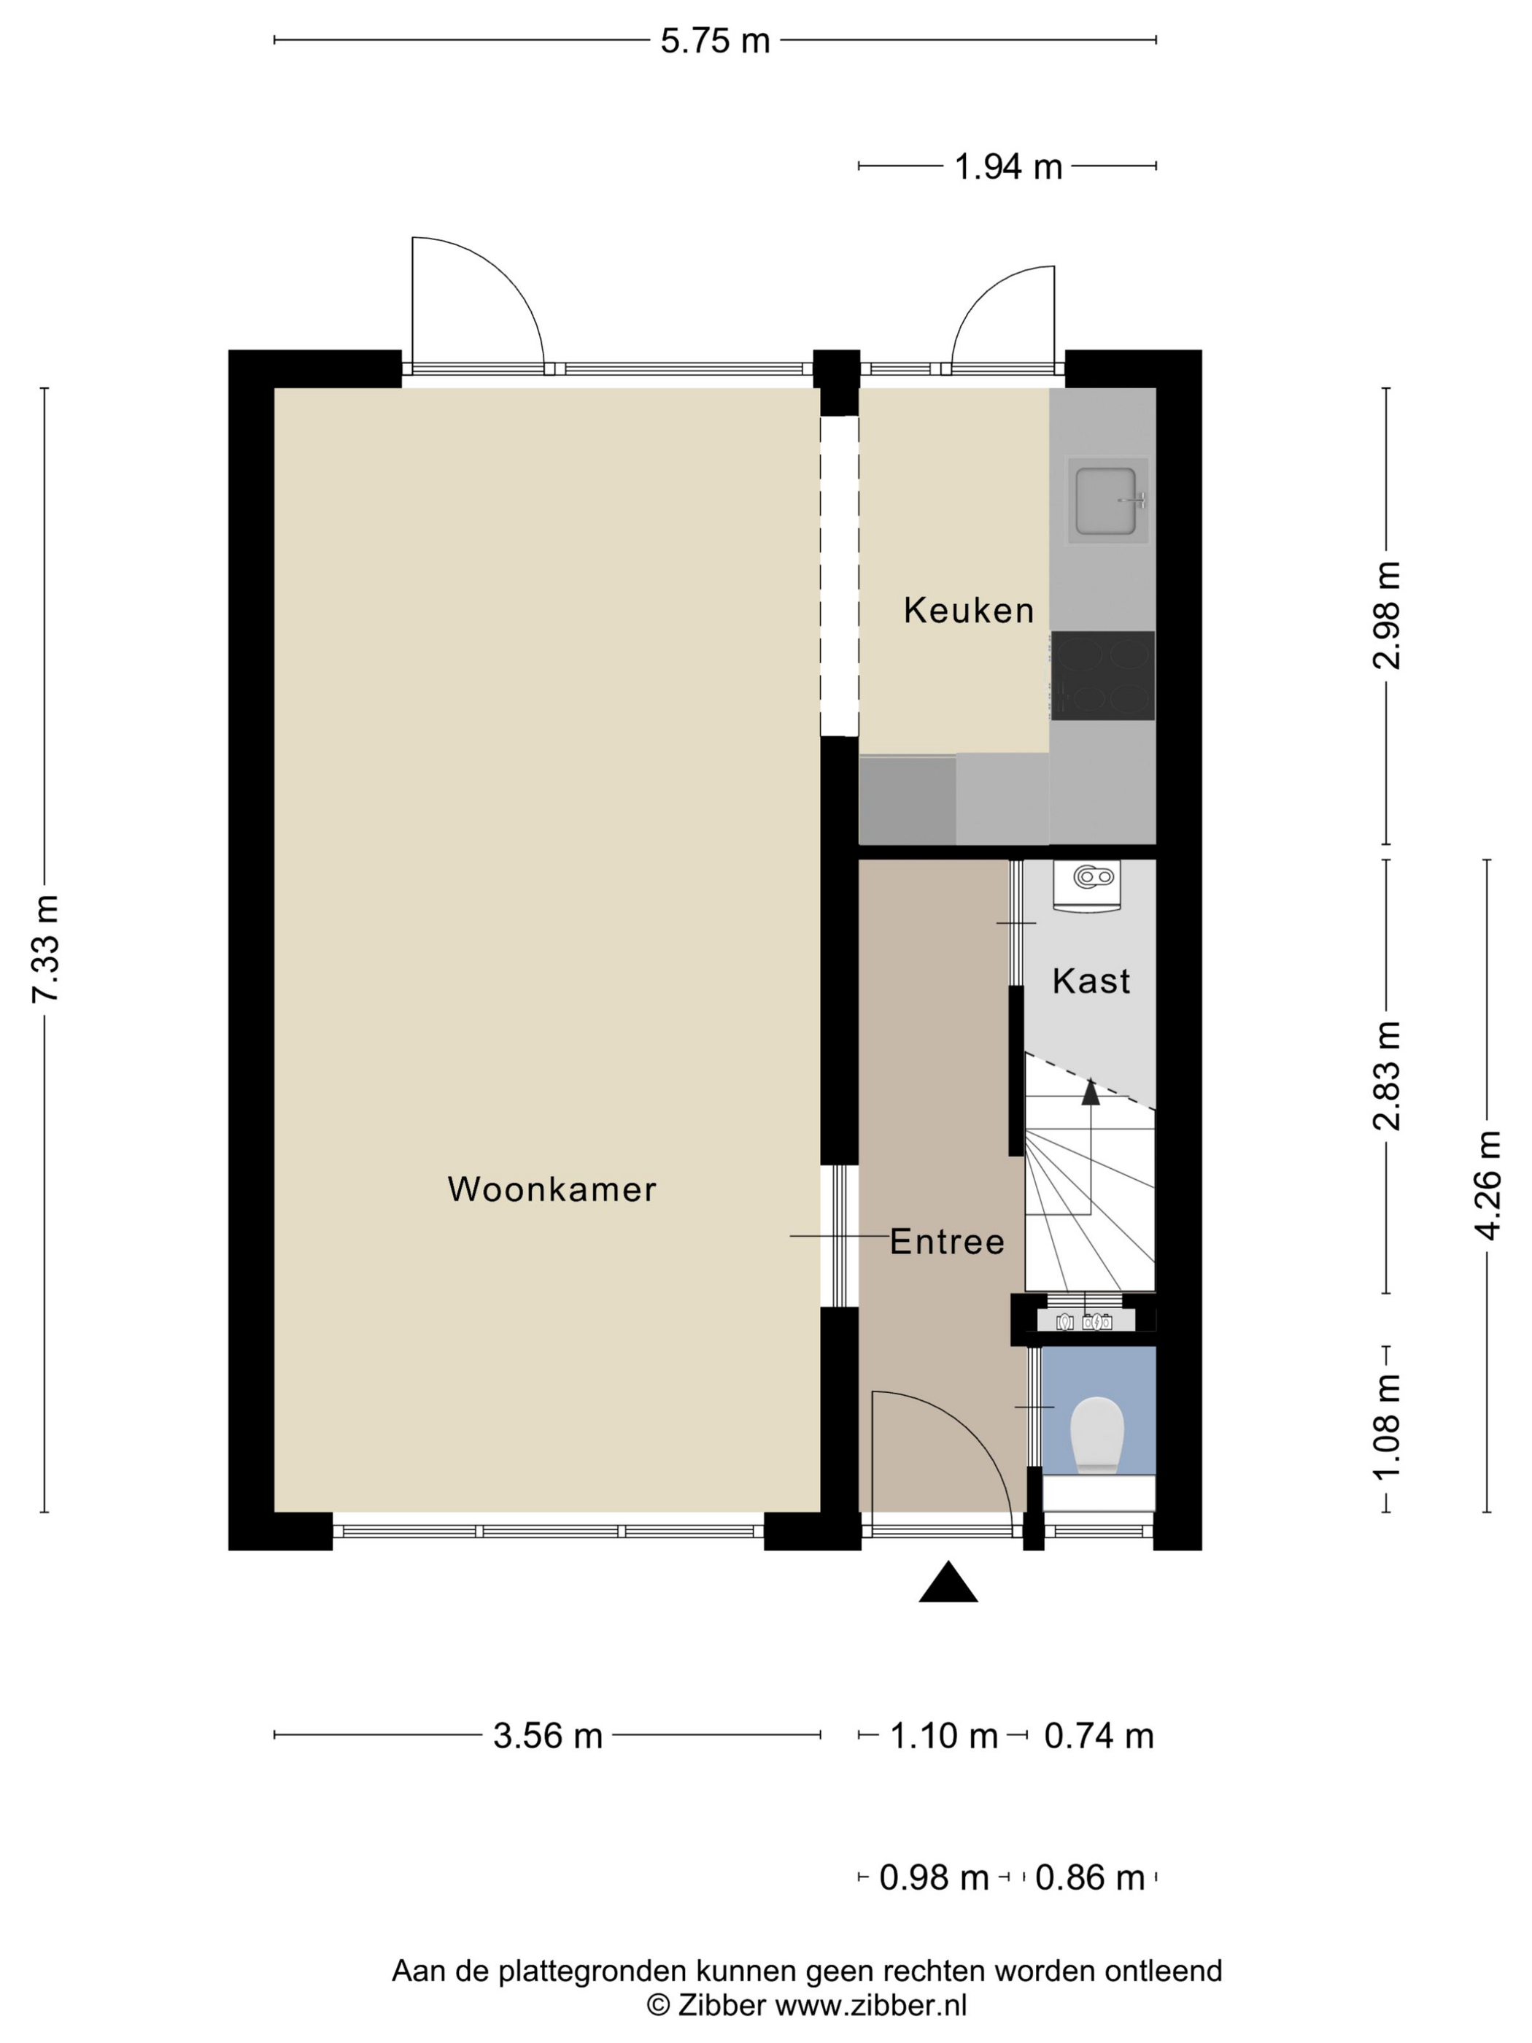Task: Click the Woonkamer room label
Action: click(552, 1189)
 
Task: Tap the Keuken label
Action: click(968, 611)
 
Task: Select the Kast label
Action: click(1091, 981)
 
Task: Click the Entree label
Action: click(946, 1243)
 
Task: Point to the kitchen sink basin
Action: click(1105, 501)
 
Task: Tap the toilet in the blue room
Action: click(1096, 1435)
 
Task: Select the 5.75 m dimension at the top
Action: click(715, 42)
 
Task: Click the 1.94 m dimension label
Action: click(1007, 167)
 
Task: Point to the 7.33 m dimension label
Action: click(46, 948)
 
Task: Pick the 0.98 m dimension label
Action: click(934, 1877)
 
